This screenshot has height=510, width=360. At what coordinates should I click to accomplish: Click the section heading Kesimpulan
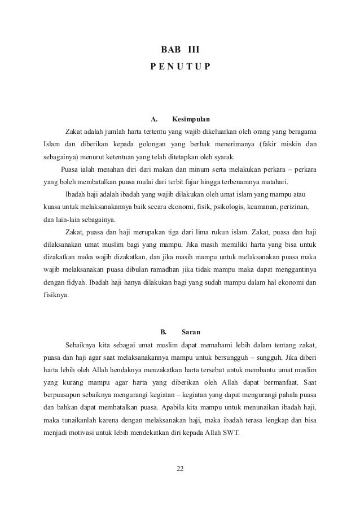pyautogui.click(x=191, y=120)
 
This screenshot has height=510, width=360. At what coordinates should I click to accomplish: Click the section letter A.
pyautogui.click(x=153, y=120)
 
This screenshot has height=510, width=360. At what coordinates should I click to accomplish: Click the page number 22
pyautogui.click(x=180, y=469)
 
